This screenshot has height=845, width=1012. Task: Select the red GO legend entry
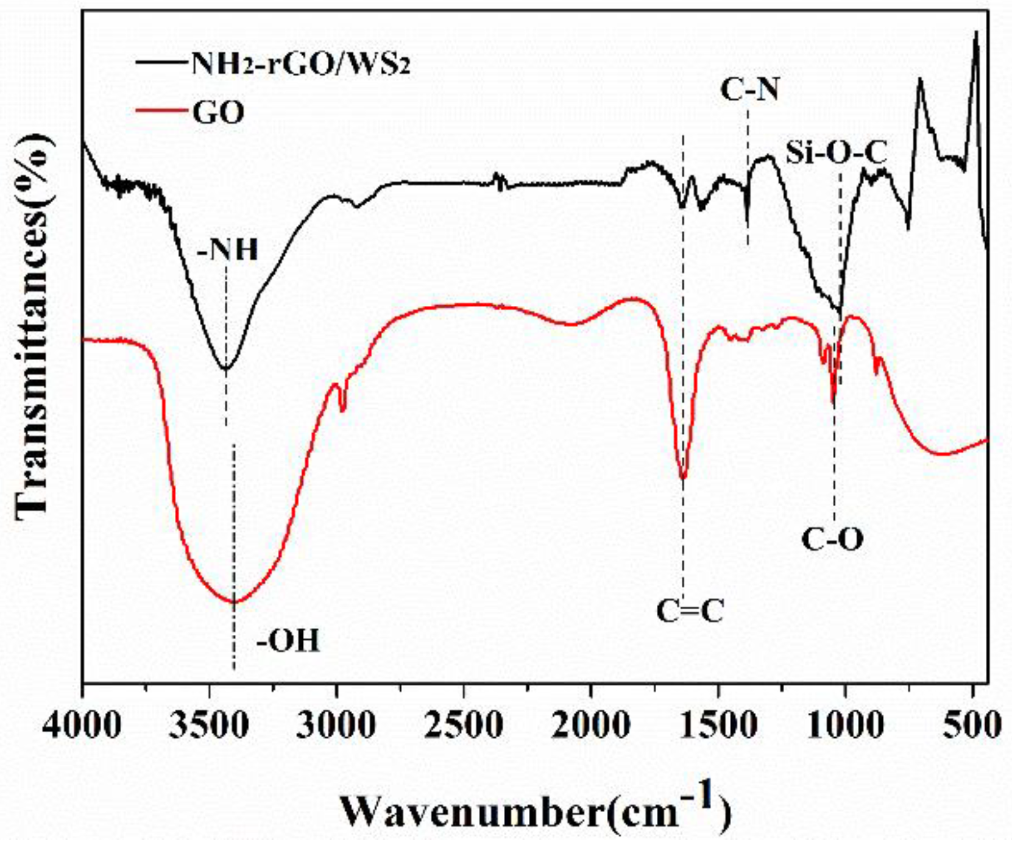[218, 112]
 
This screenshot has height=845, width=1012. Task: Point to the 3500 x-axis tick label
[210, 726]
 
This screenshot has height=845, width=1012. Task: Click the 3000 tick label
[337, 726]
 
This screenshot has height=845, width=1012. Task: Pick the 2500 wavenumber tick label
[464, 726]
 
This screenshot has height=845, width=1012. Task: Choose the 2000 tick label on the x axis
[591, 726]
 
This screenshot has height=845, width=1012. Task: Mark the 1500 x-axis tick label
[719, 726]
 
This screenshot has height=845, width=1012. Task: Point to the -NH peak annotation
[228, 250]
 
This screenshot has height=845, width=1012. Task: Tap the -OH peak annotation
[288, 641]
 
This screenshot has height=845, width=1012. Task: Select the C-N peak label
[749, 91]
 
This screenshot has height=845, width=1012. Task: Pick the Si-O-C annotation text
[836, 152]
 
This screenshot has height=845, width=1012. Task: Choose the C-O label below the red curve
[832, 539]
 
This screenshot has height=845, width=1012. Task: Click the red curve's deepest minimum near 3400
[234, 602]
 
